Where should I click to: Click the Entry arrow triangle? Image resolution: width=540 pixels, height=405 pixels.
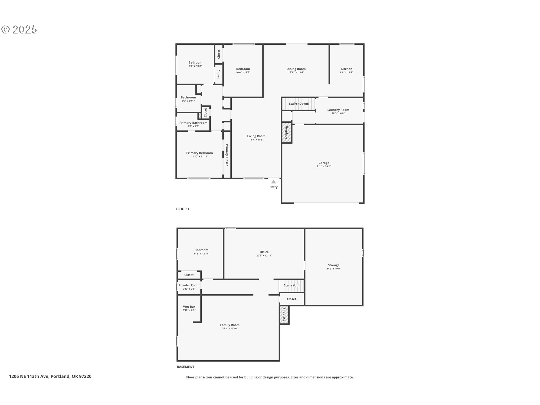[x=274, y=182]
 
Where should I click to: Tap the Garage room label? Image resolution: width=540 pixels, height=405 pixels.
[x=324, y=163]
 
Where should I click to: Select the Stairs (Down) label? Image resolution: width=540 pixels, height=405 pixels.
[x=299, y=104]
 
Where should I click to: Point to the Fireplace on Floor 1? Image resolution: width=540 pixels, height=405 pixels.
[x=287, y=132]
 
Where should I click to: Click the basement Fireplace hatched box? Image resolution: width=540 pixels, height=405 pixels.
[x=284, y=315]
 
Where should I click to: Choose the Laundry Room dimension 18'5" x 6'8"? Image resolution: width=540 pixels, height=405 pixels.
[x=338, y=113]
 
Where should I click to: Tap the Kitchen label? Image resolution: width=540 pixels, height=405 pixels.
[x=346, y=69]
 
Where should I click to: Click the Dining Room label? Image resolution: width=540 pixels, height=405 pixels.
[x=296, y=69]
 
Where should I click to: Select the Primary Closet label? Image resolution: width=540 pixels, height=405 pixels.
[x=227, y=155]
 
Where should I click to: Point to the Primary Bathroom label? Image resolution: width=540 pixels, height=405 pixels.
[x=193, y=123]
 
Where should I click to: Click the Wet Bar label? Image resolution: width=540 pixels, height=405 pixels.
[x=189, y=307]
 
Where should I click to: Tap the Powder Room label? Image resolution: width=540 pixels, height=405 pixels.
[x=189, y=285]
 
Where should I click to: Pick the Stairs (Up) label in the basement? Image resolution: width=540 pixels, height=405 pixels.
[x=292, y=285]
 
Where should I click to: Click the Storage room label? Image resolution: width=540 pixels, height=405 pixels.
[x=334, y=265]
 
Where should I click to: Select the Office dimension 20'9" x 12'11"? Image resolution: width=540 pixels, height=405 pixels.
[x=264, y=256]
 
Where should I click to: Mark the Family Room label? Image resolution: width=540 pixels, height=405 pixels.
[x=230, y=325]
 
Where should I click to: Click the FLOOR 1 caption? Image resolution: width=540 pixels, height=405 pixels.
[x=183, y=209]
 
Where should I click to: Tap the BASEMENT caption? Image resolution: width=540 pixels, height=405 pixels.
[x=186, y=367]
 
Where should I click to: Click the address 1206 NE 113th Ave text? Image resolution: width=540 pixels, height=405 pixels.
[x=29, y=376]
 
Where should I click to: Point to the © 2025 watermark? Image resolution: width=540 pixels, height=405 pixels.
[x=19, y=30]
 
